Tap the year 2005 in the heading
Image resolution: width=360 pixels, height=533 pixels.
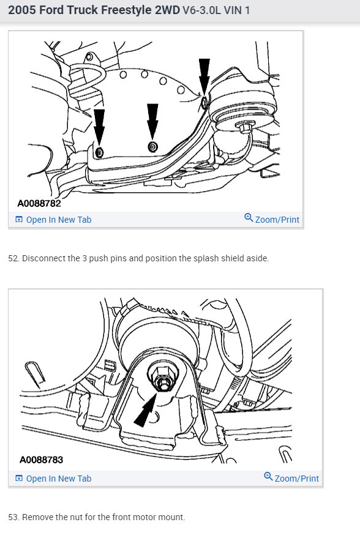pos(23,10)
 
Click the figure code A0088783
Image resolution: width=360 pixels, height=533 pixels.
pos(41,460)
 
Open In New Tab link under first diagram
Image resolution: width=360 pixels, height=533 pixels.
pos(58,220)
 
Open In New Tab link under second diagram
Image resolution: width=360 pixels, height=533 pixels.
pos(58,479)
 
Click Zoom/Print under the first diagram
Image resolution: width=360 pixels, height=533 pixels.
pos(277,220)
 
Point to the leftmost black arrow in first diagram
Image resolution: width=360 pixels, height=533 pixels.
pos(99,126)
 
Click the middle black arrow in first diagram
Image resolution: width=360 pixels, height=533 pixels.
pos(152,121)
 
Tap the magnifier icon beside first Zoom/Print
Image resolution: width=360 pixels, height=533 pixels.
pos(249,218)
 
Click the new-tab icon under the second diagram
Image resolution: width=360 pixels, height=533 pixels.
pos(19,479)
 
